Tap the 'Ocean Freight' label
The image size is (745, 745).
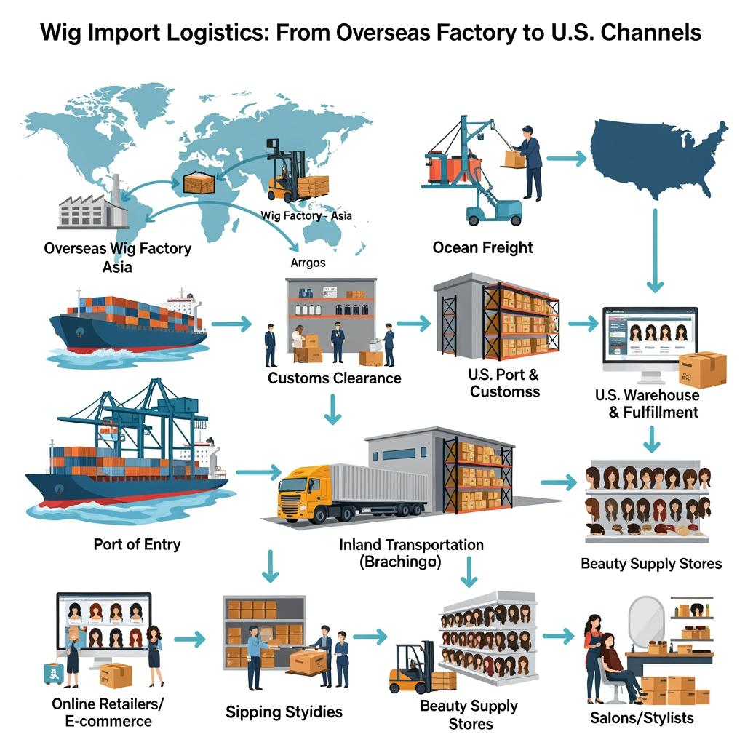[482, 247]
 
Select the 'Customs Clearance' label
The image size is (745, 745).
[334, 378]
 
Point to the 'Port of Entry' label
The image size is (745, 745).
[137, 543]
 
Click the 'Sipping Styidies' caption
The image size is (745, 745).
[284, 712]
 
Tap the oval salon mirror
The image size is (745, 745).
[645, 618]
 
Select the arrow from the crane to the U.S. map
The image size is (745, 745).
[566, 156]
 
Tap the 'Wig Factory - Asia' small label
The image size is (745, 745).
[306, 215]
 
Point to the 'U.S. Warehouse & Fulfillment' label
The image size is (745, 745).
[647, 404]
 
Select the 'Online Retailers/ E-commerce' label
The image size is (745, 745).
[108, 712]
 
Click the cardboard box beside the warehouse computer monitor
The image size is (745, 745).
[703, 369]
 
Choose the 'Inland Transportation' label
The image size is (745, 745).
[411, 544]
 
